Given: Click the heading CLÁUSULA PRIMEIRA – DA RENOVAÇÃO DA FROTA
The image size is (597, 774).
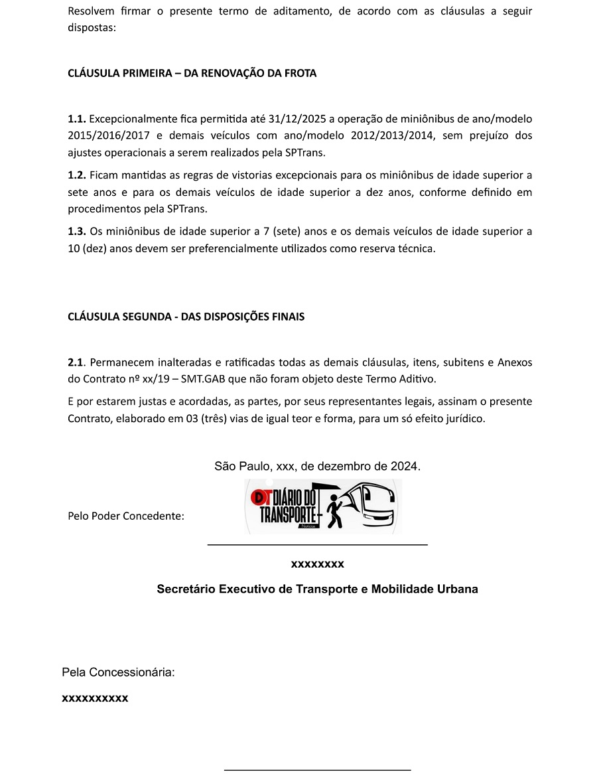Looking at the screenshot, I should [x=192, y=74].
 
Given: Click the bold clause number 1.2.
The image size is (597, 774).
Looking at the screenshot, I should [x=77, y=176].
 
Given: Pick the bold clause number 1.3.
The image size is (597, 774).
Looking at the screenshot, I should [x=77, y=232].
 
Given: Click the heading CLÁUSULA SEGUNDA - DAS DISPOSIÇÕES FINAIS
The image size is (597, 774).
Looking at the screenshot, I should [x=186, y=317].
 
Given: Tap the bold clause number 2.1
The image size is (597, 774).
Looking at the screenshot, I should [x=76, y=362].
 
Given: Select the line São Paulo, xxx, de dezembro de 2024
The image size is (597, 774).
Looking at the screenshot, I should [x=317, y=466].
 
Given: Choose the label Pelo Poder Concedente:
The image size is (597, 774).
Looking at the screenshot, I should [x=126, y=516].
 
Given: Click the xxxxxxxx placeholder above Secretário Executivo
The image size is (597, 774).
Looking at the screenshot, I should [x=317, y=564].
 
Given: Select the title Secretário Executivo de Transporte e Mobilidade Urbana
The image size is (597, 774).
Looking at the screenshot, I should [x=317, y=589].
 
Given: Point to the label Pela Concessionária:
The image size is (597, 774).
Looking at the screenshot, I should [x=118, y=672].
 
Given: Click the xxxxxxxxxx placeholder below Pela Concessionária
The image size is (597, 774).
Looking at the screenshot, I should [x=95, y=698].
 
